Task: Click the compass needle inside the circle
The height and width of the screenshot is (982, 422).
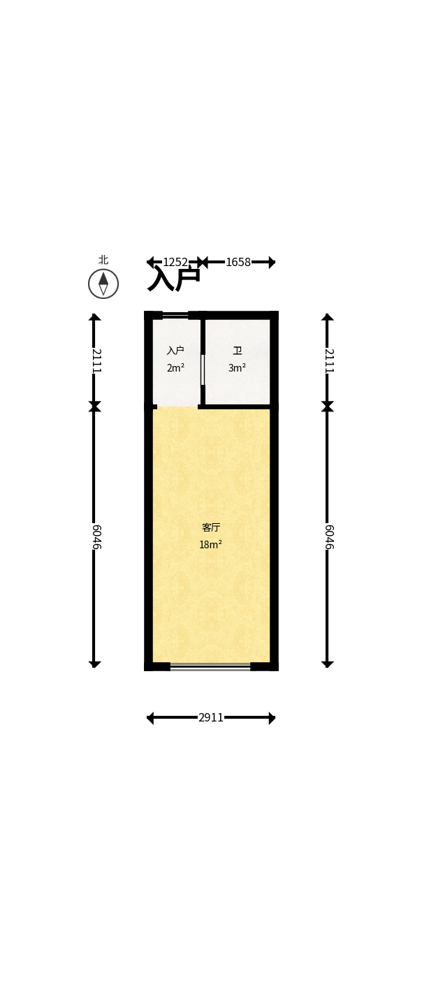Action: tap(103, 284)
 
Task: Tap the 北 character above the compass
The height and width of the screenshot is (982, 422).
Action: tap(103, 260)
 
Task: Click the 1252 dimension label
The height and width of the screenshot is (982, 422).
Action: tap(175, 262)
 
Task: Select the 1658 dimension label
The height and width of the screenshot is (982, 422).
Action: tap(238, 262)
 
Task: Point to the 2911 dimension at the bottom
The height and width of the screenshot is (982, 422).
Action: tap(211, 718)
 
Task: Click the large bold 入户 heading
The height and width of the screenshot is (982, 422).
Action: tap(174, 279)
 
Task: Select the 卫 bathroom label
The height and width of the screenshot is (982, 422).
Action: tap(238, 351)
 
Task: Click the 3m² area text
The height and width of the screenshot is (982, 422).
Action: tap(237, 368)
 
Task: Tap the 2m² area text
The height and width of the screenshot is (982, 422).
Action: tap(175, 368)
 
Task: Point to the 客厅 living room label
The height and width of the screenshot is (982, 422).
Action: tap(211, 527)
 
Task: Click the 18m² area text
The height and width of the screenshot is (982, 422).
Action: tap(210, 545)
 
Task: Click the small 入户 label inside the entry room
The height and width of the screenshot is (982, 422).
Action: tap(175, 351)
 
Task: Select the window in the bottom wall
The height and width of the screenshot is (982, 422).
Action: tap(210, 667)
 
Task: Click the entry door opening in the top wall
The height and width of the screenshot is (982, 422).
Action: tap(175, 315)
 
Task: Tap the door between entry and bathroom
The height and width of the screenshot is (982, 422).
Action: tap(203, 369)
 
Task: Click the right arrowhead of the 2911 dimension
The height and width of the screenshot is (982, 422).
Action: tap(272, 718)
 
